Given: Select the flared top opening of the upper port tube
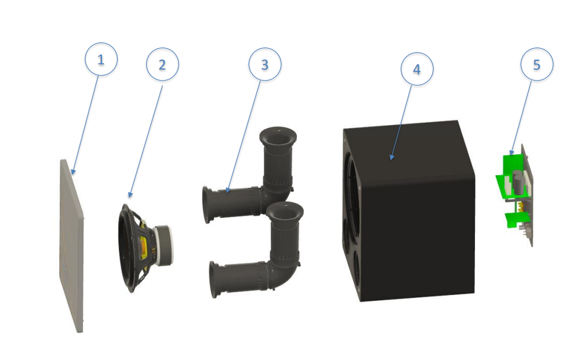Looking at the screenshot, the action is tap(278, 137).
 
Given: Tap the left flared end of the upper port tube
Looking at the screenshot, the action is tap(206, 205).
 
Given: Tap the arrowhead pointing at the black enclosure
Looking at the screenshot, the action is tap(391, 157).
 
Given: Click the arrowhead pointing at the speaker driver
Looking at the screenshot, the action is tap(130, 194).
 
